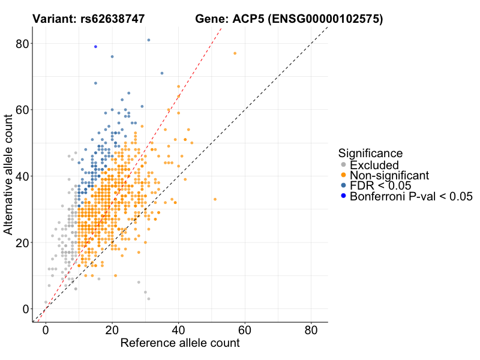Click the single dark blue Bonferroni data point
(95, 47)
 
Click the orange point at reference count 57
(235, 53)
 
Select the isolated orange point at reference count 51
(215, 199)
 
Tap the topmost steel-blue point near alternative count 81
(149, 40)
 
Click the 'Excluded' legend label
(374, 165)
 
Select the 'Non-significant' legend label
(389, 175)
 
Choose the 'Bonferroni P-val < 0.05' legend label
(412, 196)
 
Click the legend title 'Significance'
(370, 153)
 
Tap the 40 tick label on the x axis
(178, 331)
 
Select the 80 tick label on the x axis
(311, 331)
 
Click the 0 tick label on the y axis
(26, 309)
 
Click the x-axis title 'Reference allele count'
(180, 343)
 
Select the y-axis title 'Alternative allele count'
(9, 176)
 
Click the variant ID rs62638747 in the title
(112, 19)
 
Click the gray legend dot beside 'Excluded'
(343, 165)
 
